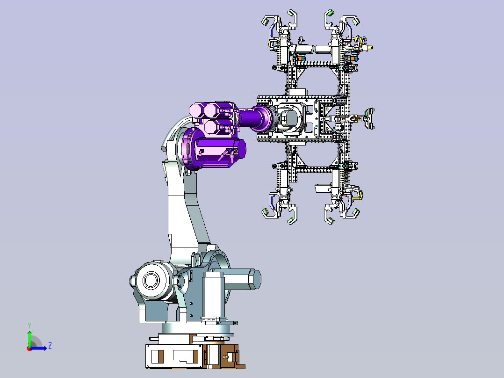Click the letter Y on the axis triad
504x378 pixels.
point(29,325)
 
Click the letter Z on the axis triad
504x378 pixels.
point(50,346)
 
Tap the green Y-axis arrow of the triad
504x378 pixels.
point(29,338)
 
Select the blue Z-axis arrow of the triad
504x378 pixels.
point(38,348)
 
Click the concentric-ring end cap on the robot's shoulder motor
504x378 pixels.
point(151,280)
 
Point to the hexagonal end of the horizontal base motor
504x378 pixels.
point(254,279)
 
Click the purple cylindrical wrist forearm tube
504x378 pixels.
point(254,118)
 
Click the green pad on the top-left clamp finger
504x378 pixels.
point(266,22)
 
